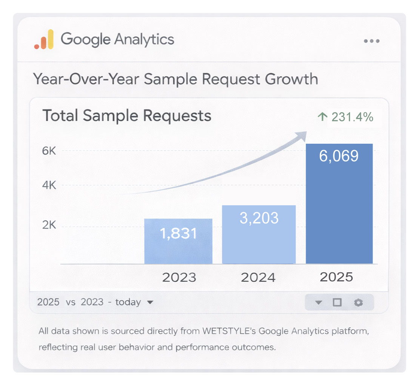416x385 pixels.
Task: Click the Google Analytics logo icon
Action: pos(44,40)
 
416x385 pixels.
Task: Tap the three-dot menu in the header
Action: pos(371,41)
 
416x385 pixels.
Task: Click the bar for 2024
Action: pos(259,234)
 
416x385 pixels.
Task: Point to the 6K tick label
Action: pos(49,151)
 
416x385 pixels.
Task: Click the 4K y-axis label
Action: pos(49,186)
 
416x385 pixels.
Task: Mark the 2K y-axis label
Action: pos(49,225)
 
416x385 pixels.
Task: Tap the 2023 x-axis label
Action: pos(179,278)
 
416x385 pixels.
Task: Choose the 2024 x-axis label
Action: pos(259,278)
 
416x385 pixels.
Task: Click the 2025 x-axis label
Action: pos(336,277)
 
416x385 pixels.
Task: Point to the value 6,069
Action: pos(339,156)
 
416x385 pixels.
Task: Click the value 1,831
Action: pos(178,234)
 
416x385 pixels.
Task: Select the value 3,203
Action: pos(259,218)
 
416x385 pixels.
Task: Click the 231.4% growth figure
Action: pos(352,117)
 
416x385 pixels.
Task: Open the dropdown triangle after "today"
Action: pos(150,302)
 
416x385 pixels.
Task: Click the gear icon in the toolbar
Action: pos(358,303)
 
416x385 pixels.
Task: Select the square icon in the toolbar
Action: pos(337,303)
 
